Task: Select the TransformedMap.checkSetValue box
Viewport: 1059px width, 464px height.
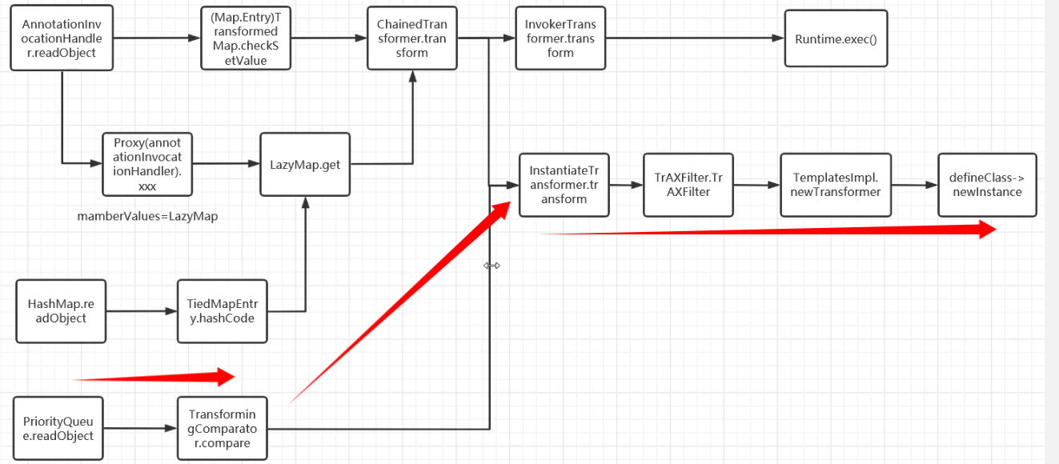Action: [245, 38]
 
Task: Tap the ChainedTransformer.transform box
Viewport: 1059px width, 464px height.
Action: [412, 38]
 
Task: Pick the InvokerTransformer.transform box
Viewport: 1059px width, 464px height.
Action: [560, 38]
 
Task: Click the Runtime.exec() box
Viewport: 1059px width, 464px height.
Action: [836, 38]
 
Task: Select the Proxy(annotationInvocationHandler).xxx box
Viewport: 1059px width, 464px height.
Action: [147, 164]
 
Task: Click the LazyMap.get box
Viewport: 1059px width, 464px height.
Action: [305, 165]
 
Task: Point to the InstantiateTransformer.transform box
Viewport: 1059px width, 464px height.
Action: [564, 185]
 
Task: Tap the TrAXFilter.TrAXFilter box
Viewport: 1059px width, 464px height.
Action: [688, 185]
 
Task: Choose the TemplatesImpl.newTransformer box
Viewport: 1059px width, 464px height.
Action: [836, 185]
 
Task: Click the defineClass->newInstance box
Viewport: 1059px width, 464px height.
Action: [986, 185]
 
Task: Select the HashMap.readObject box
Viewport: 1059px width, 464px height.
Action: [61, 311]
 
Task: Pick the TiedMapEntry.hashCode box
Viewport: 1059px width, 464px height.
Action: [222, 311]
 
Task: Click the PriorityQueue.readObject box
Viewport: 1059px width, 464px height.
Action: [58, 429]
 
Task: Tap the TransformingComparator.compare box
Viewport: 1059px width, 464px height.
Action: [225, 429]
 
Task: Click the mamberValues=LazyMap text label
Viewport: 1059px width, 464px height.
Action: [147, 216]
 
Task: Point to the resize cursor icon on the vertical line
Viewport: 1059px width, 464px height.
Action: [491, 266]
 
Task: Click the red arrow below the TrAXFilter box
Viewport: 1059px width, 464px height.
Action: [768, 231]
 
